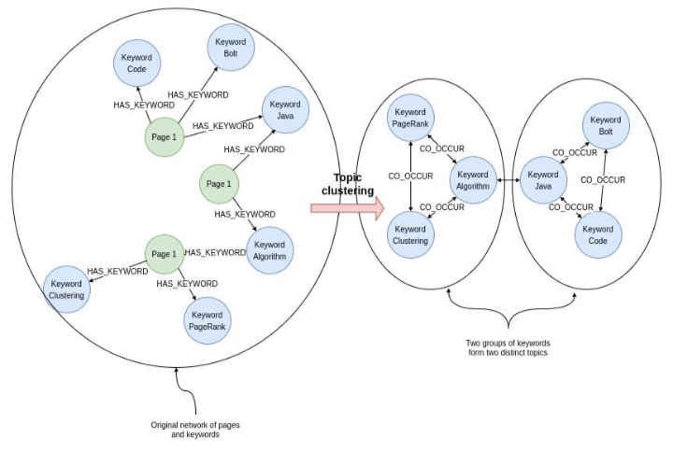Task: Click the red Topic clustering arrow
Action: pyautogui.click(x=347, y=210)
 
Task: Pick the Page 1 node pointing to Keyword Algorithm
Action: pyautogui.click(x=218, y=184)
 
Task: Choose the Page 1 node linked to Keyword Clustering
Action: pyautogui.click(x=164, y=254)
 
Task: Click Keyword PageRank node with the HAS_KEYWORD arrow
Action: pyautogui.click(x=207, y=320)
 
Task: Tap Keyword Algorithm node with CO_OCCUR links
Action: pyautogui.click(x=472, y=180)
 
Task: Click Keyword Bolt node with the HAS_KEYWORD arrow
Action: pyautogui.click(x=228, y=48)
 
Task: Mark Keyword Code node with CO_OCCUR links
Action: pyautogui.click(x=598, y=235)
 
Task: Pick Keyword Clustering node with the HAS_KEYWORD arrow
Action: pyautogui.click(x=66, y=289)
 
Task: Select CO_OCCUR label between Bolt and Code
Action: pyautogui.click(x=602, y=178)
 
